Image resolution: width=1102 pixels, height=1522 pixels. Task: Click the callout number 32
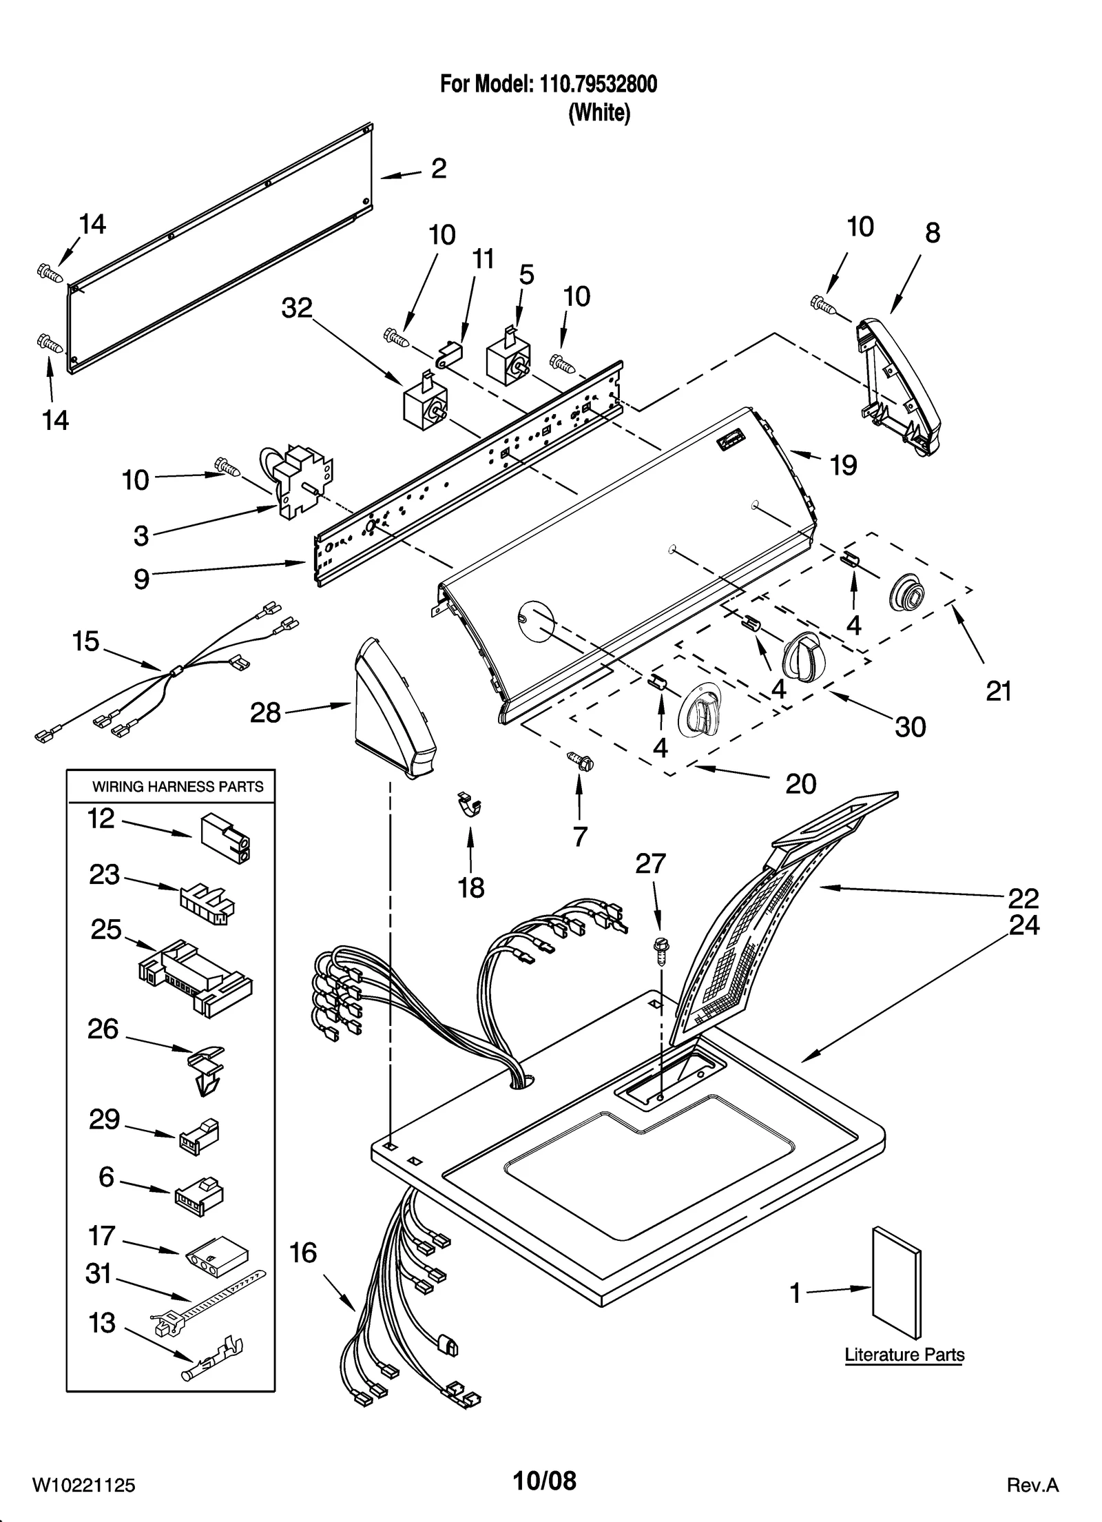click(x=297, y=308)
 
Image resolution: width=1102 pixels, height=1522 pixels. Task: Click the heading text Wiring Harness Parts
click(x=178, y=786)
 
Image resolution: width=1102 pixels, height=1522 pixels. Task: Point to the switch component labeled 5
click(x=508, y=360)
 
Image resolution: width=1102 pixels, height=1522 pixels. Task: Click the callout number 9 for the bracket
click(x=141, y=579)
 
